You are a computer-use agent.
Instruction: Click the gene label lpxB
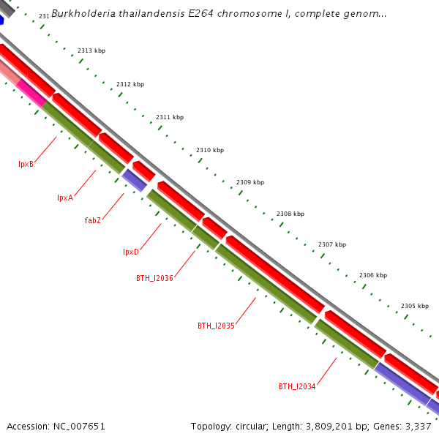coord(26,164)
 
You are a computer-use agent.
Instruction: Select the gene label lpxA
coord(65,198)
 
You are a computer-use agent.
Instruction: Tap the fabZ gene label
coord(92,220)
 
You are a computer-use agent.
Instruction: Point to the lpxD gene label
coord(131,252)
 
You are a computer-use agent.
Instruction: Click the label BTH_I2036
coord(154,278)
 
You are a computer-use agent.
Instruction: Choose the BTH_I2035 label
coord(216,326)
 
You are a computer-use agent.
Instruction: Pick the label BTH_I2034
coord(297,386)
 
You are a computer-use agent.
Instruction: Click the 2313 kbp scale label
coord(91,50)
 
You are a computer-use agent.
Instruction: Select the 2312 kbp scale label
coord(130,84)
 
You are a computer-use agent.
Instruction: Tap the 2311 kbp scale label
coord(170,117)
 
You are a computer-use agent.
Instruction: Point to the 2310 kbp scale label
coord(210,150)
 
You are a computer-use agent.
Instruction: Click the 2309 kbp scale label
coord(250,182)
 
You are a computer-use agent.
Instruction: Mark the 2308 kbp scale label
coord(290,214)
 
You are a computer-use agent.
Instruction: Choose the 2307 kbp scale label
coord(332,244)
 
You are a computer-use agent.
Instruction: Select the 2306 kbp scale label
coord(373,275)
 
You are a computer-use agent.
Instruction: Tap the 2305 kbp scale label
coord(415,306)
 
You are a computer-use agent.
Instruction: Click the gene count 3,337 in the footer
coord(418,426)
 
